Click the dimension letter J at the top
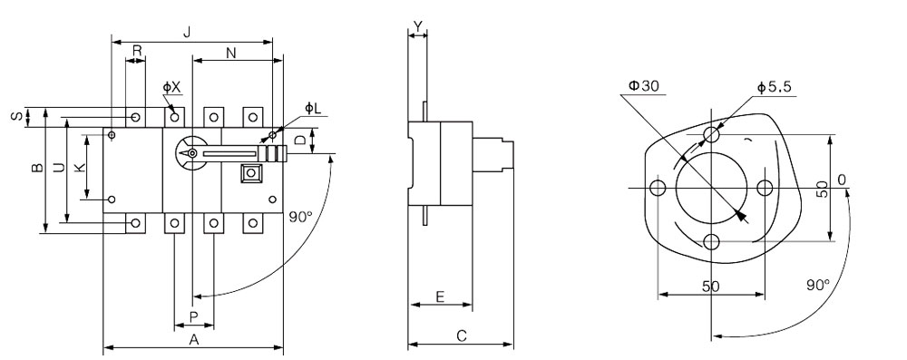(186, 33)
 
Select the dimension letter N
(230, 53)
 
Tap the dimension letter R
(137, 51)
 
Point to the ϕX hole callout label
(171, 87)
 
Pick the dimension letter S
(17, 116)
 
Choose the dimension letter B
(36, 168)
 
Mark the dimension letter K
(81, 167)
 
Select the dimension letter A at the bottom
(194, 340)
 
